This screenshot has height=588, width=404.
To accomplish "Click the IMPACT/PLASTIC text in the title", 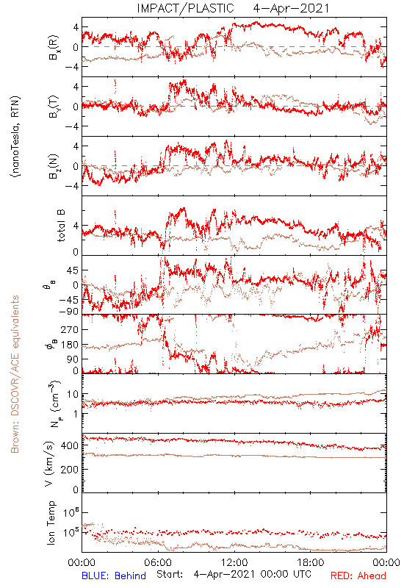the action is coord(186,8).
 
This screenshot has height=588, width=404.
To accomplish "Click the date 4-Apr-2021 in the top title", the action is coord(291,8).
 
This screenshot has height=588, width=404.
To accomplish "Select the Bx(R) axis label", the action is coord(54,47).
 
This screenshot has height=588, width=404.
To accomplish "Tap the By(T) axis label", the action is coord(54,107).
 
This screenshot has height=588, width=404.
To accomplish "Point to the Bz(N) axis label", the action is coord(54,166).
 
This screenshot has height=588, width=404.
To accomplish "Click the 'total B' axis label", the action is coord(61,226).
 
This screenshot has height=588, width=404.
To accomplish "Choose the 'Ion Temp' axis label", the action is coord(51,523).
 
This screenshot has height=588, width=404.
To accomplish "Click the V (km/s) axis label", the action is coord(49,464).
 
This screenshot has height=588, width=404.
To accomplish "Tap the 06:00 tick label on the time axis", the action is coord(158,562).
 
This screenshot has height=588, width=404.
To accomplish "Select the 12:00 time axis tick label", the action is coord(234,562).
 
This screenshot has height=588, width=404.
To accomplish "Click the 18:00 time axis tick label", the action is coord(311,562).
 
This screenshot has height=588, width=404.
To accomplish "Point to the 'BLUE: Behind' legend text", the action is coord(114,576).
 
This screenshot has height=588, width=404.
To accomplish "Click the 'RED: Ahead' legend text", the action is coord(358,576).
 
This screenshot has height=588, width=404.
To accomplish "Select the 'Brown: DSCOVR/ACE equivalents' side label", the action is coord(15,374).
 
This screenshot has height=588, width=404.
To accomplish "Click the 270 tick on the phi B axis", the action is coord(70,329).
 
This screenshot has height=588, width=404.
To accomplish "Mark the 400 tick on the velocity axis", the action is coord(70,445).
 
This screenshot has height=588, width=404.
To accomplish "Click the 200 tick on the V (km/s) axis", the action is coord(70,469).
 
